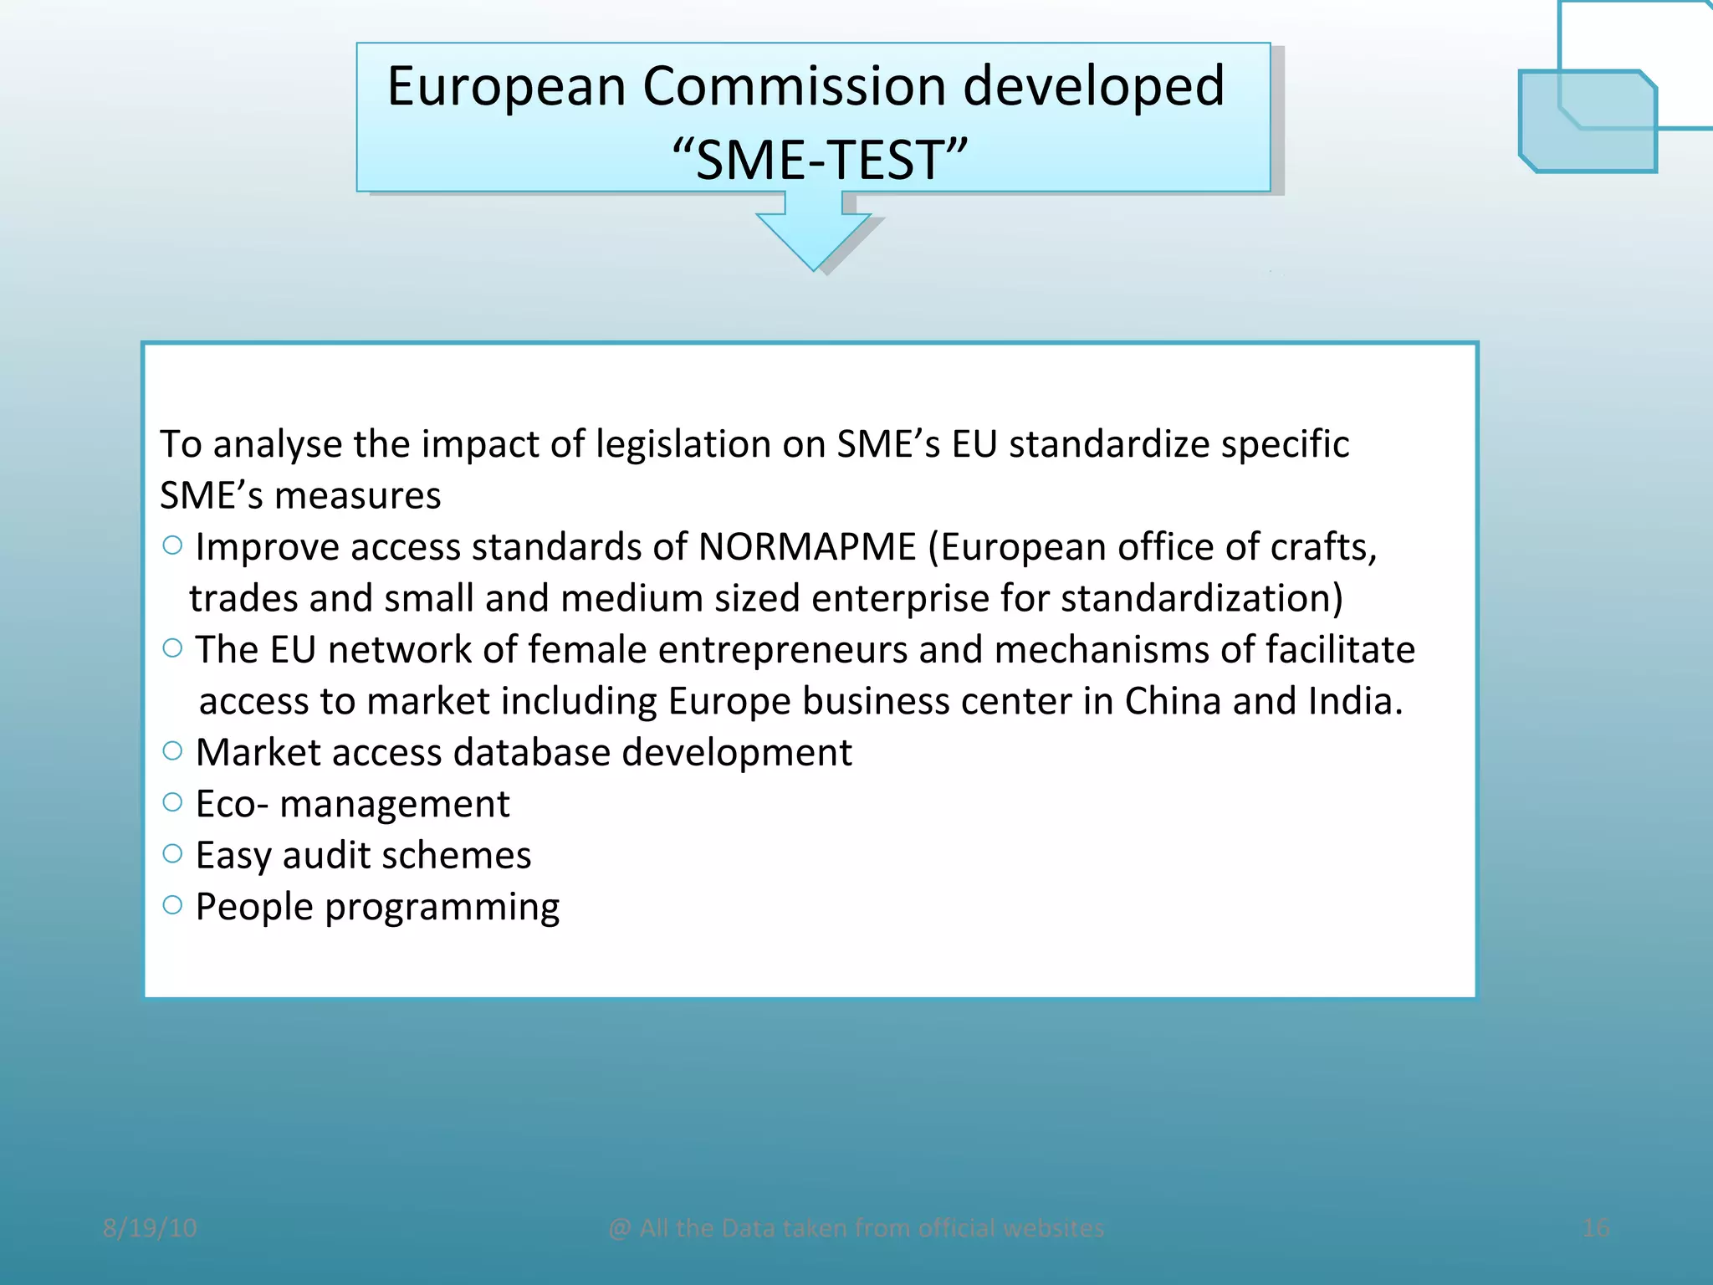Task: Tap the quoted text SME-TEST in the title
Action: [820, 160]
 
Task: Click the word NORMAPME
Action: [807, 547]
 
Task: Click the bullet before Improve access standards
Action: [172, 546]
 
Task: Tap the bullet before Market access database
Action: [172, 751]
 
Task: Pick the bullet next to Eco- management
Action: [172, 803]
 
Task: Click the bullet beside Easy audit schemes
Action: [172, 854]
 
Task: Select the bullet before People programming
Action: [172, 905]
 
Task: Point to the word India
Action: [1355, 701]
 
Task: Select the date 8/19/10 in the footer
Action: [150, 1228]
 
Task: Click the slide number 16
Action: [1596, 1228]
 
